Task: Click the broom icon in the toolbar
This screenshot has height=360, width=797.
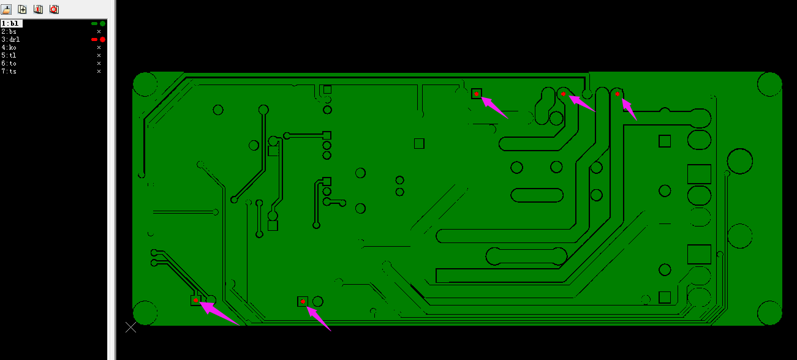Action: tap(6, 9)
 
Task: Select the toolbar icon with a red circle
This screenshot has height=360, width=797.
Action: tap(54, 9)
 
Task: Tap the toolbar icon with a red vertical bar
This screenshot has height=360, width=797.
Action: tap(38, 9)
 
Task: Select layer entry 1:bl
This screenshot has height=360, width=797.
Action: tap(10, 23)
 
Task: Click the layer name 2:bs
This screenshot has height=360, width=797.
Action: tap(9, 32)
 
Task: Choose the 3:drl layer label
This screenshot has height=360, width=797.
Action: tap(10, 39)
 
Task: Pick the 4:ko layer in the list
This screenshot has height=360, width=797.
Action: tap(9, 47)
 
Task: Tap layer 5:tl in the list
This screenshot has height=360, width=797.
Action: tap(9, 56)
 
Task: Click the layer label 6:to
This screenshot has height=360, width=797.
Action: tap(9, 63)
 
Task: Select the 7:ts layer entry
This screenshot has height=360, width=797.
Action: tap(9, 71)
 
